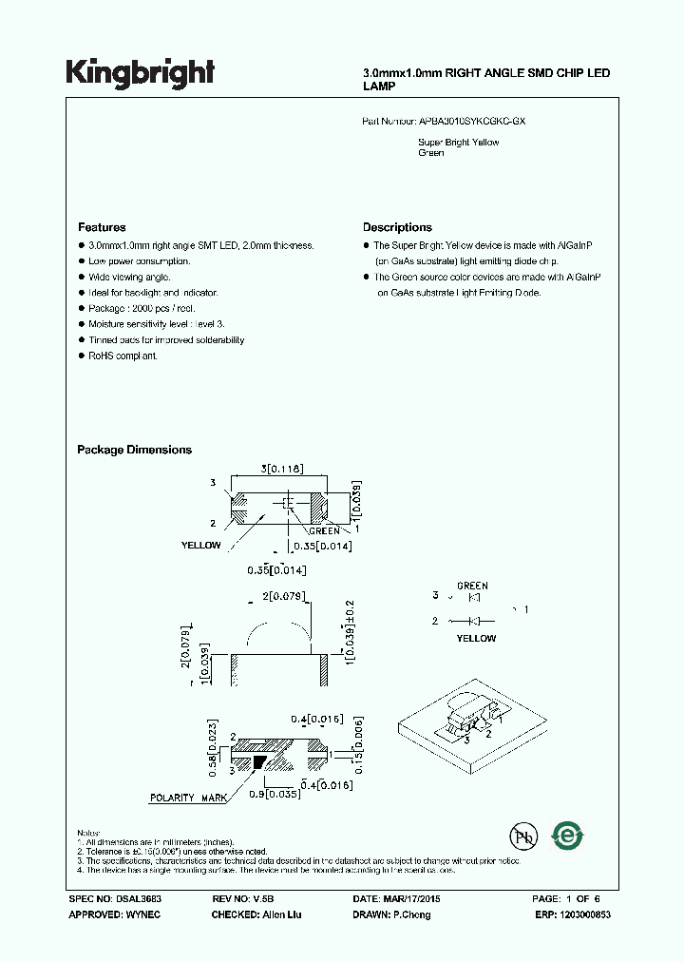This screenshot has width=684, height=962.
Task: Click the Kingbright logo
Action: point(140,72)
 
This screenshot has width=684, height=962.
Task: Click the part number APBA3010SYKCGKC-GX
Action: point(471,123)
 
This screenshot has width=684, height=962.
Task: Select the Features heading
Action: point(102,228)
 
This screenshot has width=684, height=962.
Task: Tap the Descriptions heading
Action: point(397,228)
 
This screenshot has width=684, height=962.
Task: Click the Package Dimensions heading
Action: point(134,451)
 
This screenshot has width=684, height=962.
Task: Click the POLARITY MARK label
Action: point(188,798)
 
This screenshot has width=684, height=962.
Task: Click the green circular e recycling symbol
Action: point(567,836)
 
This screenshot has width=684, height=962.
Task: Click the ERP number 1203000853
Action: point(585,914)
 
